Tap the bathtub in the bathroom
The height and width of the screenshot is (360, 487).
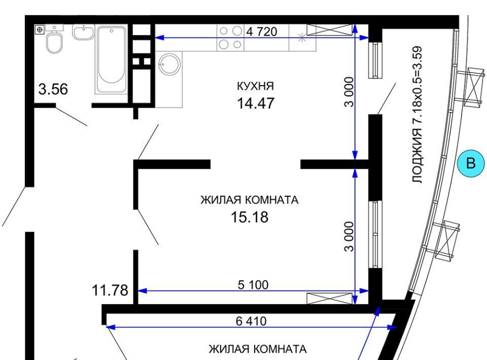coord(112,59)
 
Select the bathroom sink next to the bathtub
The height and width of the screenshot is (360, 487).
coord(84,32)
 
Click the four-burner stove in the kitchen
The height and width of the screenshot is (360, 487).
coord(230,38)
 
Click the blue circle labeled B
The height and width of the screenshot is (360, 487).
coord(471,163)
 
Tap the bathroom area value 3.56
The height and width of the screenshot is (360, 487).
coord(53,89)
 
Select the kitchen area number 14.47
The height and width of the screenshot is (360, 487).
coord(256,103)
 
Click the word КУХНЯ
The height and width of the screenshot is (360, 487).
coord(255,86)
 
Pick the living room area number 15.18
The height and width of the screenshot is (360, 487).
coord(250,217)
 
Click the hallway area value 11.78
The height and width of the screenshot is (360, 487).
coord(110,291)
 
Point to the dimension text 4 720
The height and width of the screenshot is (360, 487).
coord(262,31)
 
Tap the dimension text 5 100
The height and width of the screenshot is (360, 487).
coord(253,284)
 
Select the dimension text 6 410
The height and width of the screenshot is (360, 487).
coord(251,321)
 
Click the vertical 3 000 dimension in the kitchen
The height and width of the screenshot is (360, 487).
coord(349,92)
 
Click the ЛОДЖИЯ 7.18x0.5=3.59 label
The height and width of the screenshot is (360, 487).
coord(418,115)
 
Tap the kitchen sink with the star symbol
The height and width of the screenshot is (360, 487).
coord(302,38)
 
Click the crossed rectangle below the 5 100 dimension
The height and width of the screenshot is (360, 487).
coord(330,298)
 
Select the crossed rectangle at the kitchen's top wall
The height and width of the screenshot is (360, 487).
coord(330,30)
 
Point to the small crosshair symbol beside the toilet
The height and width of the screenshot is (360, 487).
coord(39,30)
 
